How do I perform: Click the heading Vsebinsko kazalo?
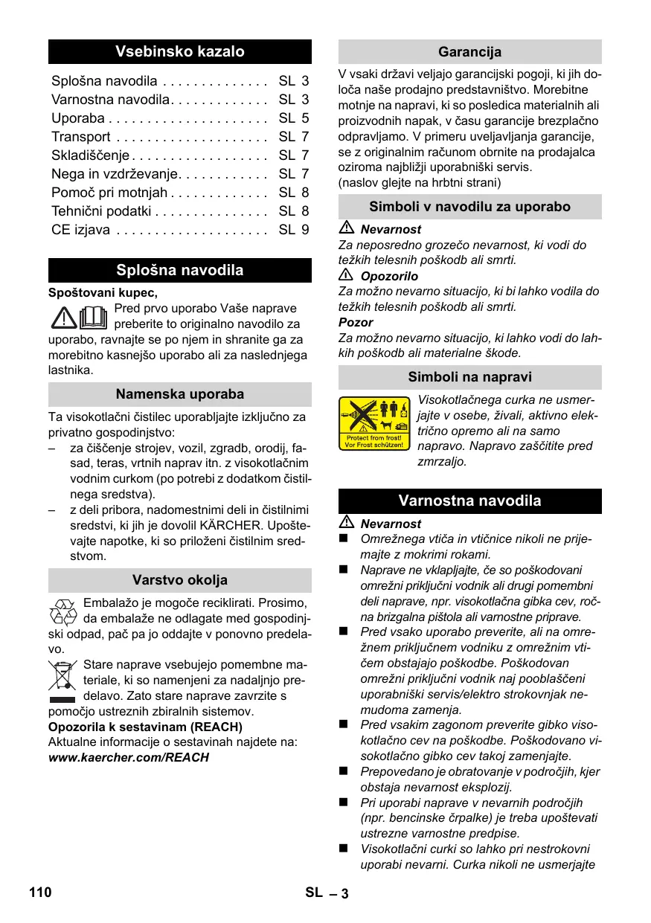(179, 52)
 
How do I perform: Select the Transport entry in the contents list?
(81, 137)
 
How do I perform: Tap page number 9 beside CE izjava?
(304, 230)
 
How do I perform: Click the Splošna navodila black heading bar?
(179, 270)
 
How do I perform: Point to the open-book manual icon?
(93, 317)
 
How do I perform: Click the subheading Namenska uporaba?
(179, 394)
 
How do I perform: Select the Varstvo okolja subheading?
(179, 580)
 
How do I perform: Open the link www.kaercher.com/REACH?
(128, 758)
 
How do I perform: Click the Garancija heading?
(469, 52)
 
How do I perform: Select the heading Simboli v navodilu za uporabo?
(469, 207)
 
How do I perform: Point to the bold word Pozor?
(356, 323)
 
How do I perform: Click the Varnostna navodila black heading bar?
(469, 501)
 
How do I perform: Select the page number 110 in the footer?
(40, 893)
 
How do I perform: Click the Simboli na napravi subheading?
(469, 377)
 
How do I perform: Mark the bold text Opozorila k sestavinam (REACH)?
(145, 727)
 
